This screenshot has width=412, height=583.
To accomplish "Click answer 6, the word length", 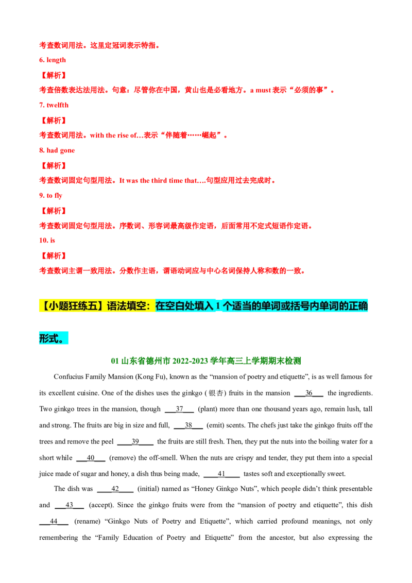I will click(51, 60).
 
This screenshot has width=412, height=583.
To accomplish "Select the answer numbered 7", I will click(54, 105).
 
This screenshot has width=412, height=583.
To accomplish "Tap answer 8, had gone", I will click(57, 151).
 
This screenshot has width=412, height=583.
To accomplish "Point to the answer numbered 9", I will click(50, 196).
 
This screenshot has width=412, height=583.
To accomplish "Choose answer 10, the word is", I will click(47, 239).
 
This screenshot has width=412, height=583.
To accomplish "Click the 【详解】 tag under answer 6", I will click(54, 75).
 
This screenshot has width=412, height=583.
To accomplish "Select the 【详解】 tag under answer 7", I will click(54, 121).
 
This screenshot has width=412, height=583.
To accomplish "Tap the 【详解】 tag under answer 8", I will click(54, 166).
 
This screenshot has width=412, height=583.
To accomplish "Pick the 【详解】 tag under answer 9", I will click(54, 211).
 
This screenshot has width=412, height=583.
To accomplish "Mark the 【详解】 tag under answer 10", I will click(54, 255).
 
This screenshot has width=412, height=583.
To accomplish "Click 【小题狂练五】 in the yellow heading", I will click(72, 306).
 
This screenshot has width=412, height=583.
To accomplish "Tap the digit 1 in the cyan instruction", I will click(218, 306).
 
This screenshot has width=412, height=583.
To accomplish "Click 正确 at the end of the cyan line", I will click(358, 306).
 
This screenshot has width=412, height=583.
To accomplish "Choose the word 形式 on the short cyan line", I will click(48, 338).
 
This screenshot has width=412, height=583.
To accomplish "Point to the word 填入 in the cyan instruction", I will click(203, 306).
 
